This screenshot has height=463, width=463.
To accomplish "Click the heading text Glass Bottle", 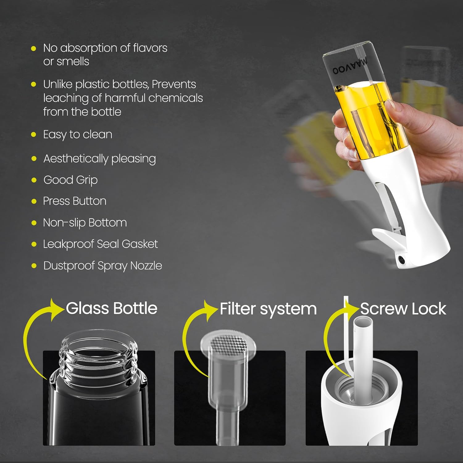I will point(111,308).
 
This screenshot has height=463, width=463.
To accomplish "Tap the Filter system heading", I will point(268,309).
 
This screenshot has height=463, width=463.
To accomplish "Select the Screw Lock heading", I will point(403,309).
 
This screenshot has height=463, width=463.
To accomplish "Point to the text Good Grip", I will point(70,180).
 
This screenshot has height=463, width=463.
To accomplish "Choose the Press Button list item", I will point(75,201).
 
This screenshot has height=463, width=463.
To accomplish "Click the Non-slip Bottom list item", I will point(85,223).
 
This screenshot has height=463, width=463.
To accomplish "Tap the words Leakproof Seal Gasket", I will point(100,244).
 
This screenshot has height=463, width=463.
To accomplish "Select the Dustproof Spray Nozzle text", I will point(102,266).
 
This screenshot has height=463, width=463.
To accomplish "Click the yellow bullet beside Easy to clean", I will point(34,135).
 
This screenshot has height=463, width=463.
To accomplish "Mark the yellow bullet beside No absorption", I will point(34,48).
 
